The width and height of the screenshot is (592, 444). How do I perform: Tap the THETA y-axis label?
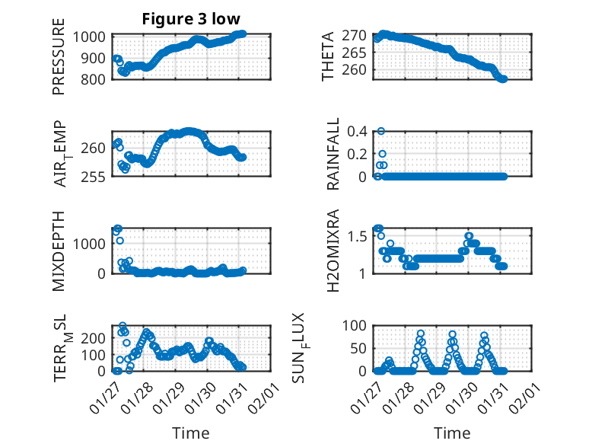click(328, 57)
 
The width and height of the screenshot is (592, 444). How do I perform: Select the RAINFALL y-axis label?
click(333, 155)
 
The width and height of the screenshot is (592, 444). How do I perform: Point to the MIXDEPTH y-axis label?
click(59, 251)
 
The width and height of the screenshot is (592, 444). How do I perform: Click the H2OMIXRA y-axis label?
click(333, 251)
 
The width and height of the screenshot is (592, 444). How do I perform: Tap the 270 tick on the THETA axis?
click(359, 35)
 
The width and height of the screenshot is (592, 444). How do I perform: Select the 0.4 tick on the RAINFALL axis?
click(361, 131)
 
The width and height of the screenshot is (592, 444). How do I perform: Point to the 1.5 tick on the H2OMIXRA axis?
click(361, 236)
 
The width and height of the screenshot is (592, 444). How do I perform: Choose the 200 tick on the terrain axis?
click(97, 337)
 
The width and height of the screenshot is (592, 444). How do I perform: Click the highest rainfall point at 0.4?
click(381, 131)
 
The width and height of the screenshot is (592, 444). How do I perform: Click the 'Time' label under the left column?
click(191, 433)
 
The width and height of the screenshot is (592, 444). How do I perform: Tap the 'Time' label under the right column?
click(453, 433)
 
